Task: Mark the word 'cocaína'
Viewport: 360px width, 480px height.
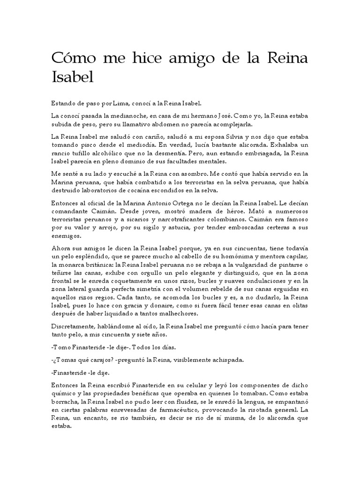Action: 173,190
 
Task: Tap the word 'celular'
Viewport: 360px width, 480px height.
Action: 180,384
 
